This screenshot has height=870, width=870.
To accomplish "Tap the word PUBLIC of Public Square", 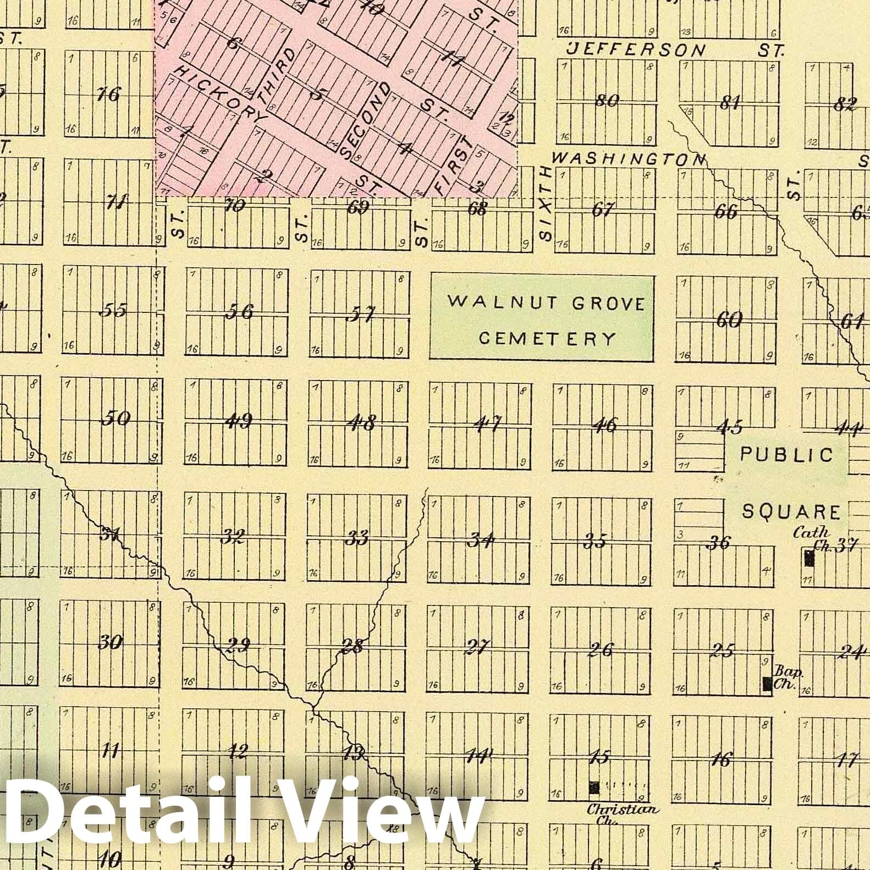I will point(787,454).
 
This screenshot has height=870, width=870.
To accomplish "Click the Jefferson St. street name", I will point(675,50).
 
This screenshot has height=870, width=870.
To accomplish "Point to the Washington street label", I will point(629,158).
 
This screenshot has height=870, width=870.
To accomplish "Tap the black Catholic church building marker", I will point(808,558).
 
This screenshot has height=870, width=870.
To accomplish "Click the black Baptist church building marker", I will point(767,684).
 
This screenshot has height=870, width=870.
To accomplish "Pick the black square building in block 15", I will point(594,787).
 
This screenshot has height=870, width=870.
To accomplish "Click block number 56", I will point(239,312).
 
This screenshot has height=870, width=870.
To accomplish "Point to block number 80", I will point(607,101).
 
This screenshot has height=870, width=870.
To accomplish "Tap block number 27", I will point(477,648).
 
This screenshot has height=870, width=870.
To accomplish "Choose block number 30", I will point(109,642).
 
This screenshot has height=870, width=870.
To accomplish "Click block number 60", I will point(729,320).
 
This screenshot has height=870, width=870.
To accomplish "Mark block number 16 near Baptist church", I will point(720,760).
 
